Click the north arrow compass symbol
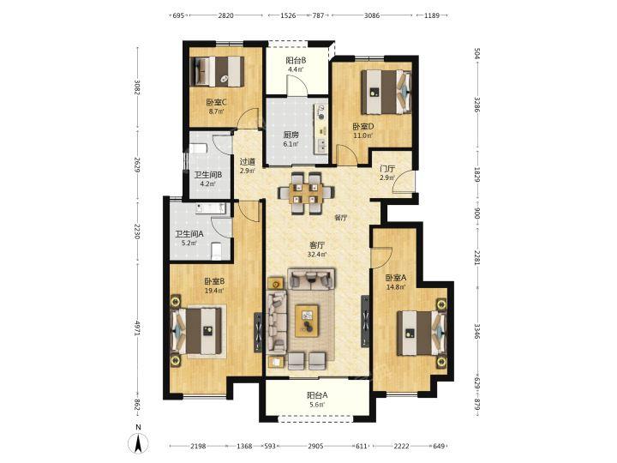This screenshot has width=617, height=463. point(139,440)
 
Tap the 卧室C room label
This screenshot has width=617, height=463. point(216,102)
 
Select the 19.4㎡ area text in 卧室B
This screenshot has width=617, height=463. point(214,291)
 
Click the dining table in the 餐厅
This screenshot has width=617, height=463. point(306,193)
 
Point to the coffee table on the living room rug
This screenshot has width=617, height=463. point(307,321)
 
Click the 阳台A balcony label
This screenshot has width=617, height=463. point(317,395)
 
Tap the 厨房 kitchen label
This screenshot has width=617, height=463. point(291,135)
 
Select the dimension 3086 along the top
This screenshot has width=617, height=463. point(372,15)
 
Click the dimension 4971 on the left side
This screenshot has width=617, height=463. point(137,328)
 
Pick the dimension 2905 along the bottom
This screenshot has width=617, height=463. point(315,446)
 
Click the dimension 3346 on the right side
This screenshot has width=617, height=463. point(477,332)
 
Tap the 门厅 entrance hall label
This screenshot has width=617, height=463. point(387,169)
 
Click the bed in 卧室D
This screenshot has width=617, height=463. point(386,92)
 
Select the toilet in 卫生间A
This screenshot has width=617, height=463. point(217,251)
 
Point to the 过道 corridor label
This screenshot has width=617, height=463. point(248,162)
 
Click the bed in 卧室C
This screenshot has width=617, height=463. point(217,72)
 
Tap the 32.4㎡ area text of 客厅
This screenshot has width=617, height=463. point(317,255)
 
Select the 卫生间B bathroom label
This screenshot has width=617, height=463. point(208,174)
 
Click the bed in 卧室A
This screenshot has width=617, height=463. point(422,333)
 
